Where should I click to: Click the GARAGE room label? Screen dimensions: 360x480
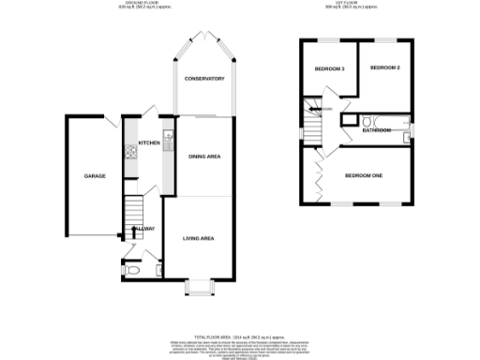pos(95,176)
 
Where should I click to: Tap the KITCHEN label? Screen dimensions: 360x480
pos(148,143)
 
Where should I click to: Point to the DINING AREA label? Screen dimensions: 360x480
pos(203,157)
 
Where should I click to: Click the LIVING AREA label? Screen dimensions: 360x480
pos(199,239)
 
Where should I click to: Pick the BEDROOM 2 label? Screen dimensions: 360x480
pos(385,68)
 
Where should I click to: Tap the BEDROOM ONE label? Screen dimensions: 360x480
pos(364,175)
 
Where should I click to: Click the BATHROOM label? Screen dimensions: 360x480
pos(377,130)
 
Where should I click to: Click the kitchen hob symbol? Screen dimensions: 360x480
pos(128,151)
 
